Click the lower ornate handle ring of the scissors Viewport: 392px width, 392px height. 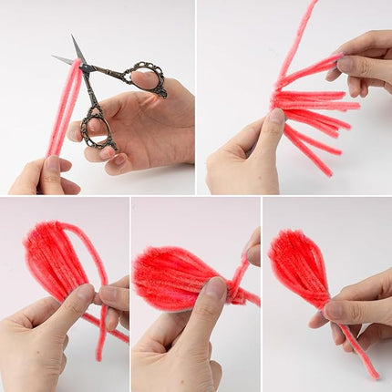(x=96, y=126)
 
